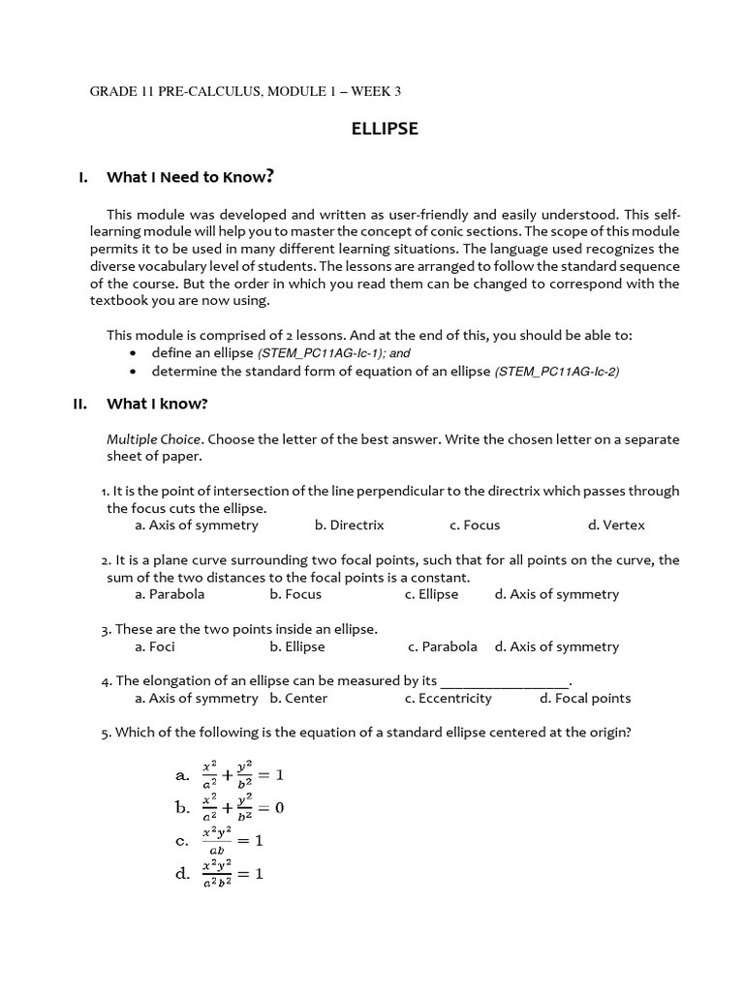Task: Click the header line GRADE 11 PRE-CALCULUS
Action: [245, 92]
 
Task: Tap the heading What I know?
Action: [157, 405]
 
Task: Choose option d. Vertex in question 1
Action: [615, 526]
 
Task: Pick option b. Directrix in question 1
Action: [349, 526]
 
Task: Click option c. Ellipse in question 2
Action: [431, 594]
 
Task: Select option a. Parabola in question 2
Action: [170, 594]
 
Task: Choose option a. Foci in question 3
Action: [155, 646]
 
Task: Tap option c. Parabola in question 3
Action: [442, 646]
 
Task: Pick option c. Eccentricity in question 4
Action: [448, 699]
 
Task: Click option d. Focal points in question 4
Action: [585, 699]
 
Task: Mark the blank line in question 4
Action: [505, 681]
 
